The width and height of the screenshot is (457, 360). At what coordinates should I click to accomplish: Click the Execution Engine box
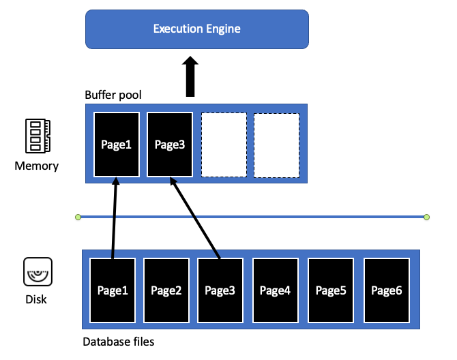coord(197,29)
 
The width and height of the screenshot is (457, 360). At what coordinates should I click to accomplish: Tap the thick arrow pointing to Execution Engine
coord(190,76)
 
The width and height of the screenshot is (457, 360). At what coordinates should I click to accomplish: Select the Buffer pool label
coord(113,95)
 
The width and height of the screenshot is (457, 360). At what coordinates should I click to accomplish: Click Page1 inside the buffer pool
coord(117,145)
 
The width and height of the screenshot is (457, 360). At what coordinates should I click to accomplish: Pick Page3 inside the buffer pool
coord(170,145)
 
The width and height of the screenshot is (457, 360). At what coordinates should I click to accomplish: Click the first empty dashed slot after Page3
coord(224,145)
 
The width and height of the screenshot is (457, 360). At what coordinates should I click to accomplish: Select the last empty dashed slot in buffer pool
coord(277,145)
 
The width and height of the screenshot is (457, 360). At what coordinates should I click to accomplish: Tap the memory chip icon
coord(38,136)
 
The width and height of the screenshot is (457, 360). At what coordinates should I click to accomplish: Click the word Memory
coord(37,166)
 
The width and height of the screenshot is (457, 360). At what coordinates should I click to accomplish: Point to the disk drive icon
coord(38,271)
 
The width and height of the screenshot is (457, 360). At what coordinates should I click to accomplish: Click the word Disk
coord(36,299)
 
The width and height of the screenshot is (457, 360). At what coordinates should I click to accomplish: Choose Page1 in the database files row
coord(113,290)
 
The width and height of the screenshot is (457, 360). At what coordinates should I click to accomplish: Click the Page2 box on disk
coord(166,290)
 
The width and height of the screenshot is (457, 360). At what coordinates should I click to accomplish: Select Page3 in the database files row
coord(220,290)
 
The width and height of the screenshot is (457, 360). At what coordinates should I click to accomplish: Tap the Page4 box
coord(276,290)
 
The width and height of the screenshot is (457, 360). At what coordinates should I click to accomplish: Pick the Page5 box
coord(331,290)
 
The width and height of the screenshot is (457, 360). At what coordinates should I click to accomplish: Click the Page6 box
coord(387,290)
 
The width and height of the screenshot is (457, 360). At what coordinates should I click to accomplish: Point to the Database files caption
coord(118,342)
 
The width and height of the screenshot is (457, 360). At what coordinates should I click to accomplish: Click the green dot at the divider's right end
coord(427,217)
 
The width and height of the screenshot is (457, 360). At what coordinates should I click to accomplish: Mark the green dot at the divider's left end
coord(78,217)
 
